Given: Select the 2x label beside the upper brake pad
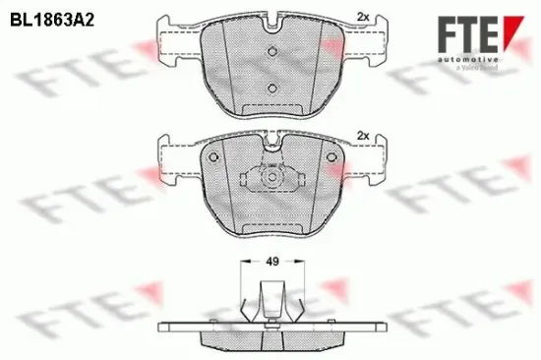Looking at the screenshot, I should (x=361, y=17).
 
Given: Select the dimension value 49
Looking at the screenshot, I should (x=270, y=263).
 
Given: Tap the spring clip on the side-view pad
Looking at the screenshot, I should (x=270, y=299).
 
